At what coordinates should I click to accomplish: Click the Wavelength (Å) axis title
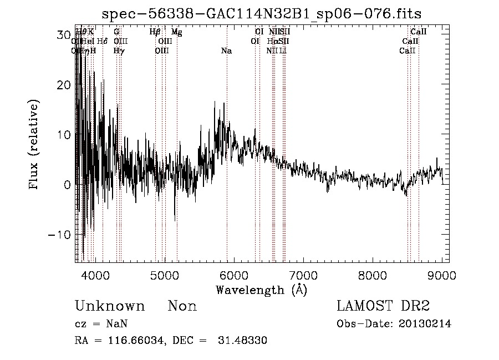261,290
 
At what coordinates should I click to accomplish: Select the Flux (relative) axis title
35,145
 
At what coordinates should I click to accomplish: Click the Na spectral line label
226,50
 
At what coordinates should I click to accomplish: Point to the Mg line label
176,32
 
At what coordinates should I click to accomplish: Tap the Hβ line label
155,32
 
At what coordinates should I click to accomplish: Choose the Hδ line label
102,41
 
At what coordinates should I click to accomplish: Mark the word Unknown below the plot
110,306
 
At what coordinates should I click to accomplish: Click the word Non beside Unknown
182,306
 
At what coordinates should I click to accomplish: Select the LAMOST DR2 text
383,306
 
